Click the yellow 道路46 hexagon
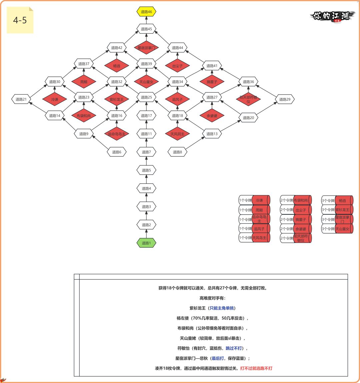[146, 12]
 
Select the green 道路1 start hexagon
[146, 243]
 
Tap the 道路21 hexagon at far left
[21, 99]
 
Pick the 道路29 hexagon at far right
[285, 99]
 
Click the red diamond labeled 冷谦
[55, 99]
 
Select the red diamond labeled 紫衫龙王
[116, 99]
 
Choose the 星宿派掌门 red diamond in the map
[146, 48]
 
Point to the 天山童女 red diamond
[146, 82]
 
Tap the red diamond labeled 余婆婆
[212, 116]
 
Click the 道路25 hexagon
[146, 97]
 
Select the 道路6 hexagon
[116, 152]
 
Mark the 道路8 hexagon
[177, 152]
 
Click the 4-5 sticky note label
[20, 20]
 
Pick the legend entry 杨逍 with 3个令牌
[337, 201]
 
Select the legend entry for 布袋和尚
[296, 200]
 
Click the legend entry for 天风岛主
[254, 238]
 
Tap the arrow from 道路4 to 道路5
[146, 179]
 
